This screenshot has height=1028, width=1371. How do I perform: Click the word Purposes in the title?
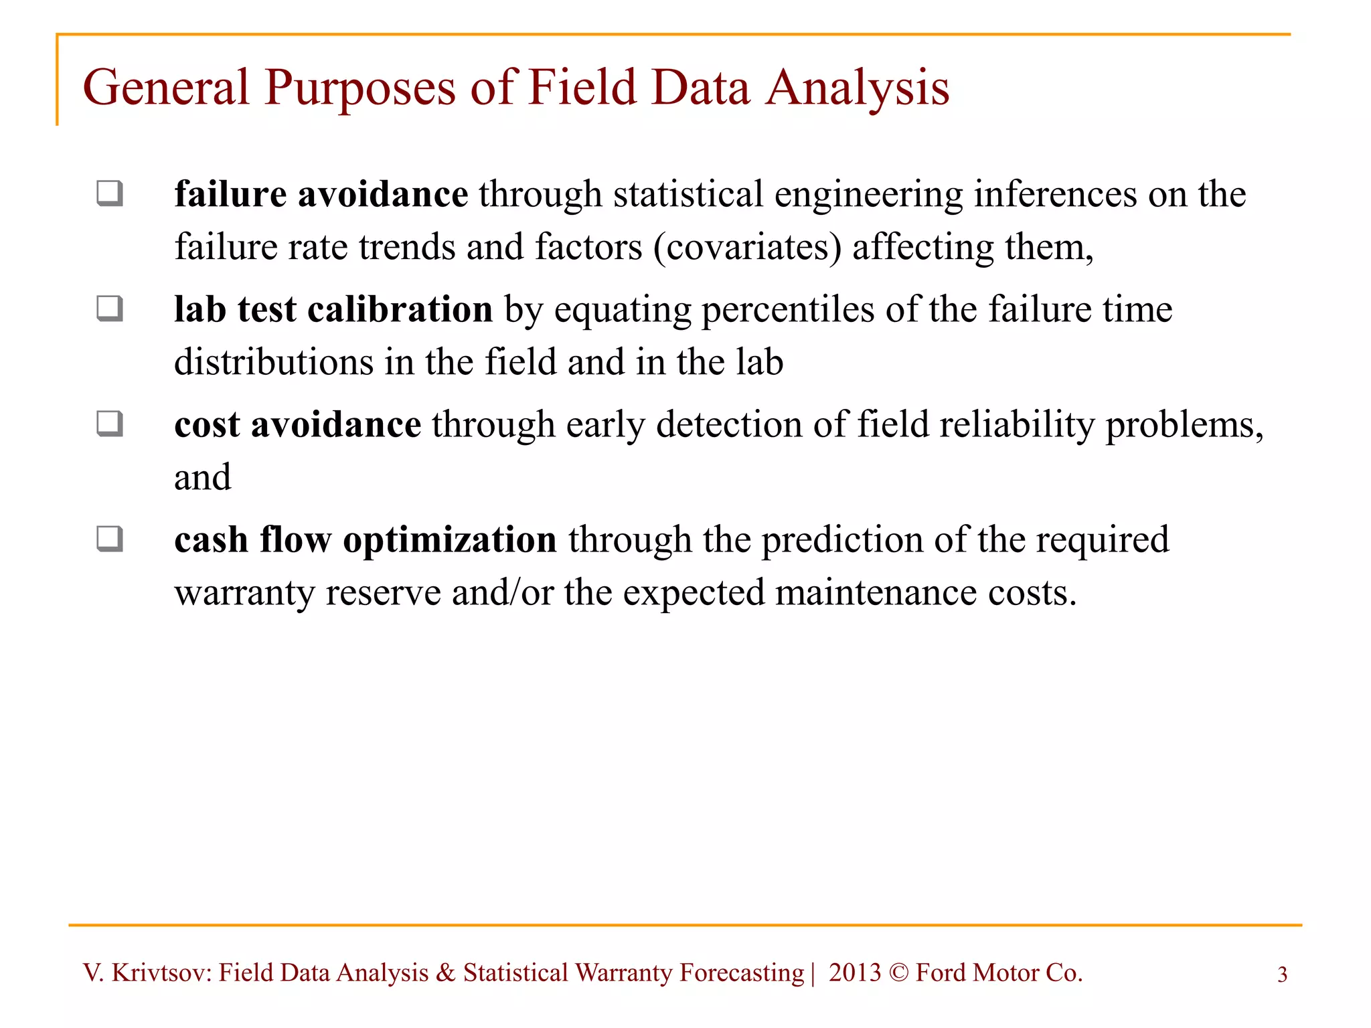[360, 89]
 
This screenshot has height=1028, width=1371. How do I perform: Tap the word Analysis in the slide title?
[858, 89]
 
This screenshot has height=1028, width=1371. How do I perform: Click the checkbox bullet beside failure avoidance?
[110, 193]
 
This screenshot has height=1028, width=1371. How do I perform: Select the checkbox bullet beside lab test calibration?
[110, 309]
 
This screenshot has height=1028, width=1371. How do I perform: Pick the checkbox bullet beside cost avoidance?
[110, 424]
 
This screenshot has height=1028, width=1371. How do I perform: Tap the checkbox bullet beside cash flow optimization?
[110, 539]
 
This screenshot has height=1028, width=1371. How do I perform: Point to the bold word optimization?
[449, 539]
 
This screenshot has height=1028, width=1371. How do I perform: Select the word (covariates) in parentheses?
[747, 248]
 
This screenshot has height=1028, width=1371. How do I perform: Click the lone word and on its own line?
[202, 477]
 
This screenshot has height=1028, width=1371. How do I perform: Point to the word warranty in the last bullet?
[244, 594]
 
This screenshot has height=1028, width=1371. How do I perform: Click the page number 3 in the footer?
[1282, 974]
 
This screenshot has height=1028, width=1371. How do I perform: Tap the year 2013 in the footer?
[855, 972]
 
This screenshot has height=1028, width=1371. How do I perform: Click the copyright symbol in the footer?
[898, 973]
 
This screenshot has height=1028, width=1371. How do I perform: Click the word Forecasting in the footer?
[742, 973]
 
